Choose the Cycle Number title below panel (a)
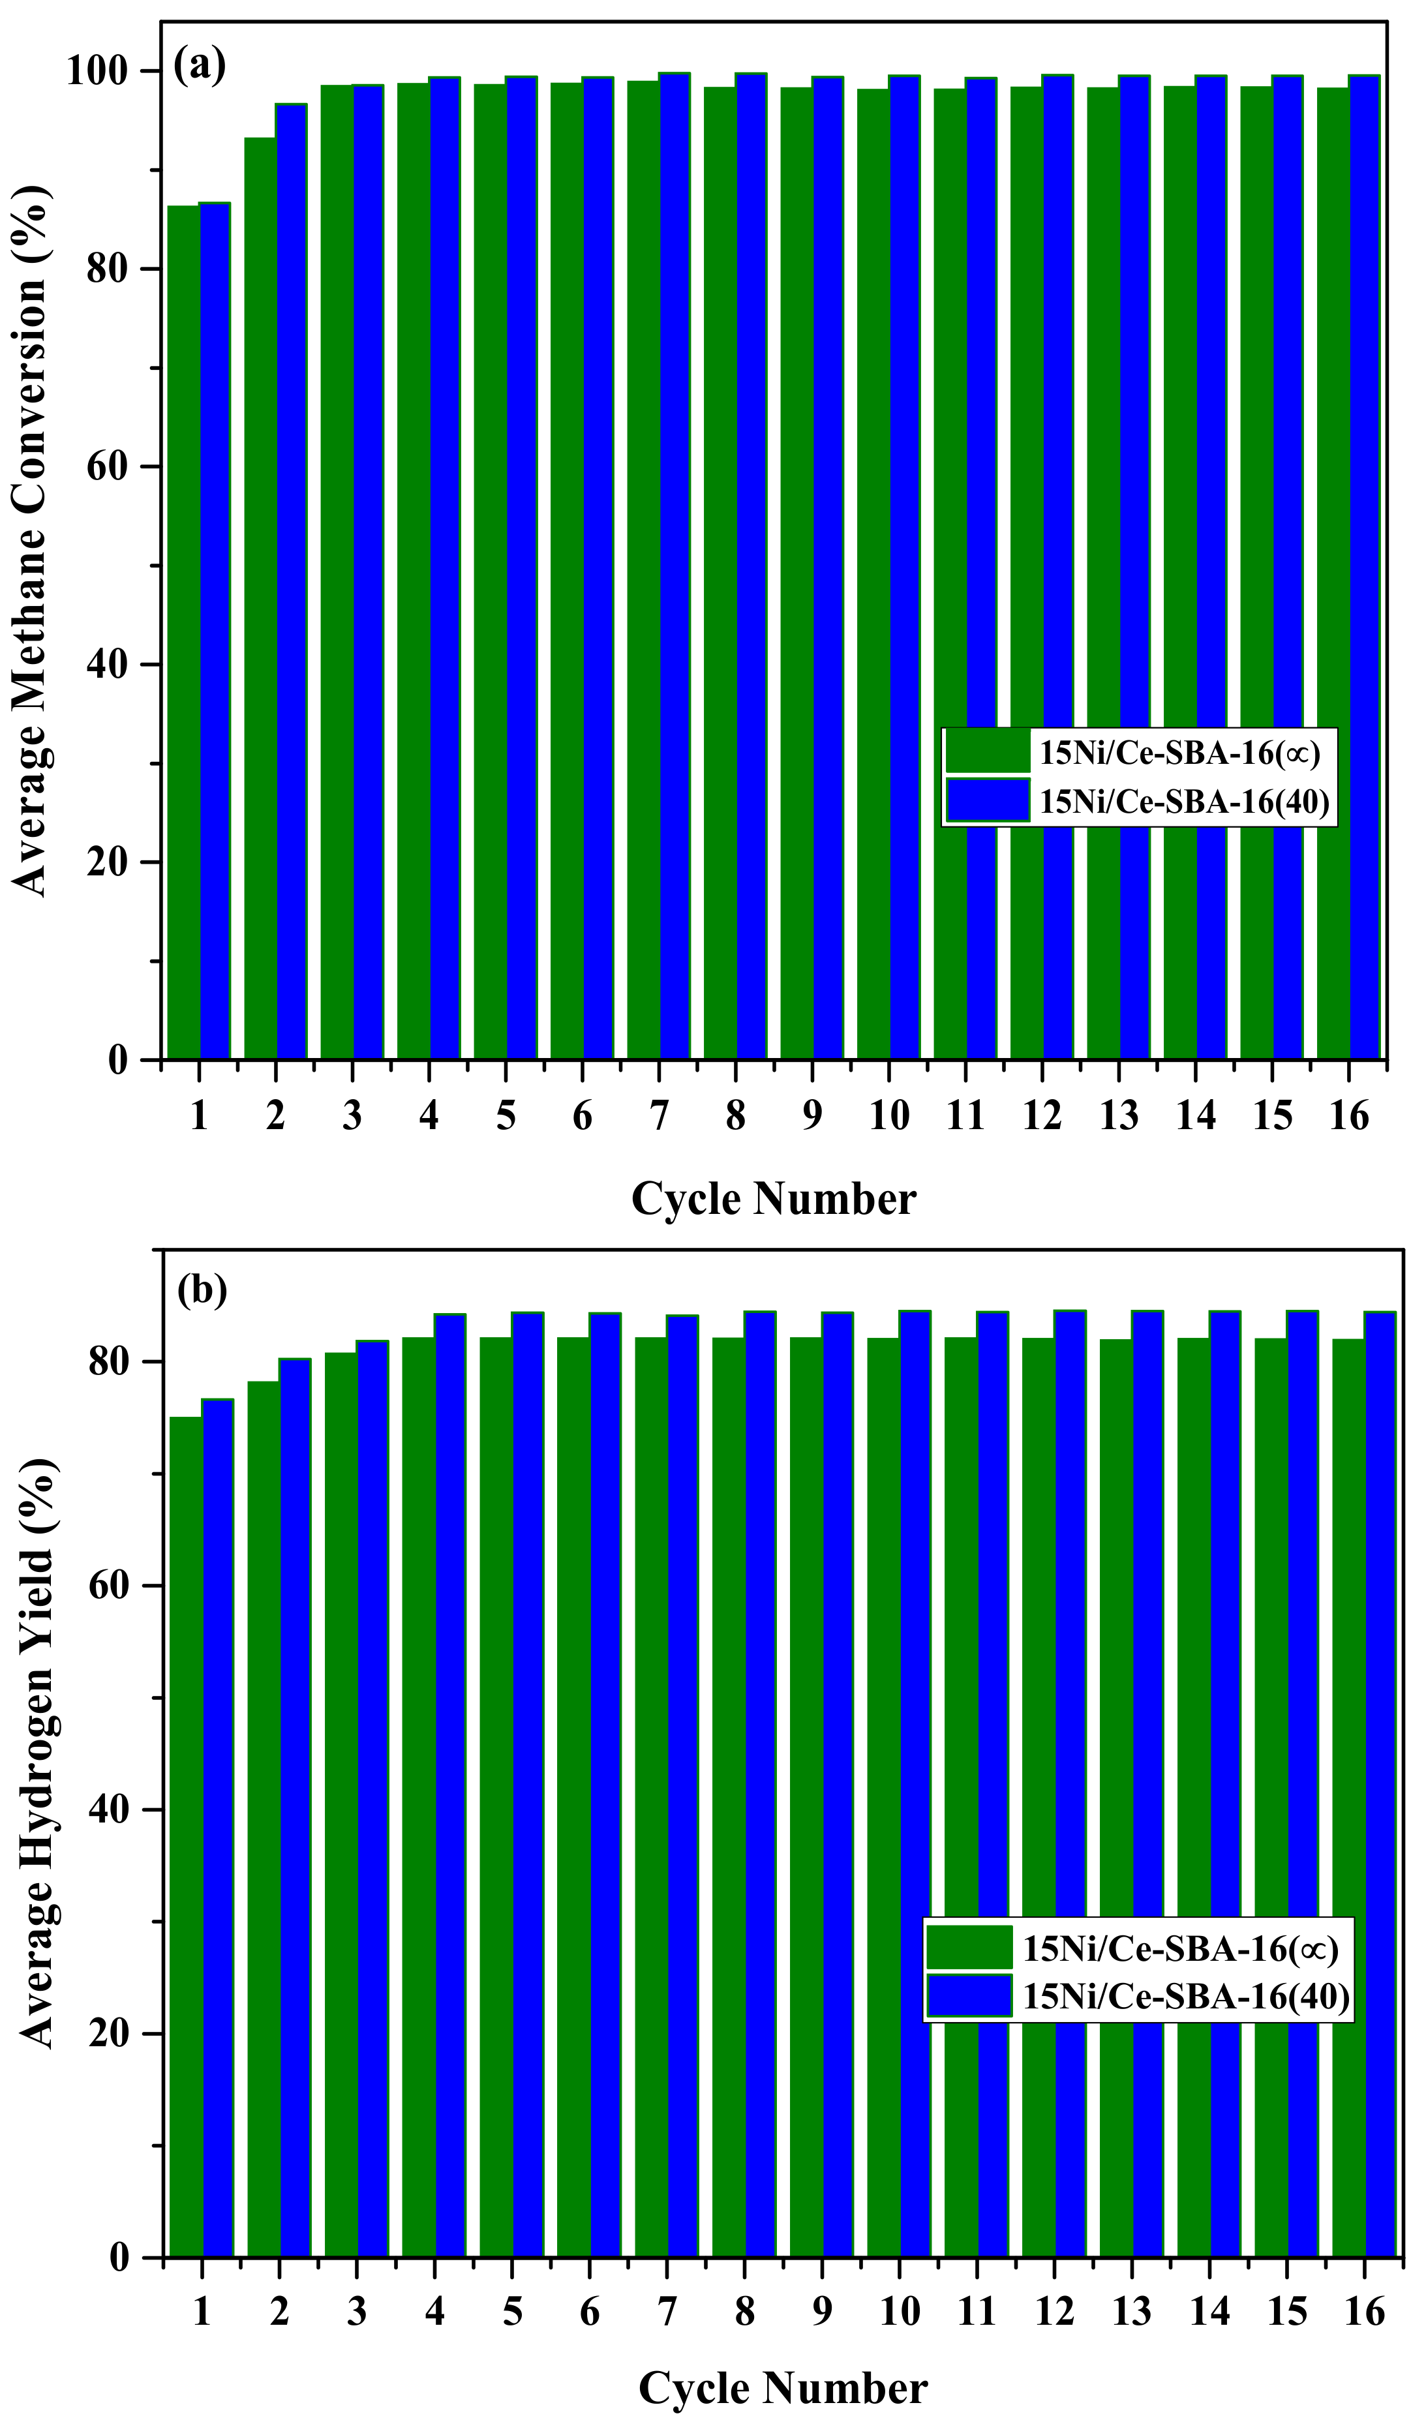774,1199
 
